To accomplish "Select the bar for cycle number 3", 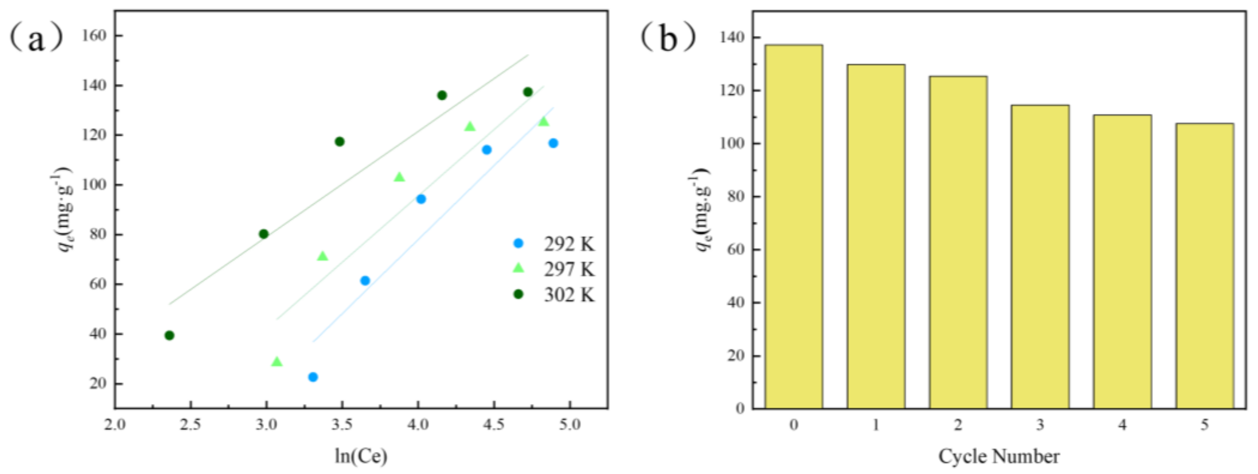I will (x=1040, y=257).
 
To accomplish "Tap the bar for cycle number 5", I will (x=1204, y=266).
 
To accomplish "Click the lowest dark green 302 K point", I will (x=169, y=335).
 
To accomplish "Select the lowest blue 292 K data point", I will (x=313, y=377).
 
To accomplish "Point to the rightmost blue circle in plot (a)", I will (x=553, y=143).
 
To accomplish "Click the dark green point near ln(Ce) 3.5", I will (x=339, y=142).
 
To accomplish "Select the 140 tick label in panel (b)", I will (x=733, y=38).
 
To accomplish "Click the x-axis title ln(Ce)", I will (x=361, y=456).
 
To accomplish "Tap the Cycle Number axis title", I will (x=999, y=456).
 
